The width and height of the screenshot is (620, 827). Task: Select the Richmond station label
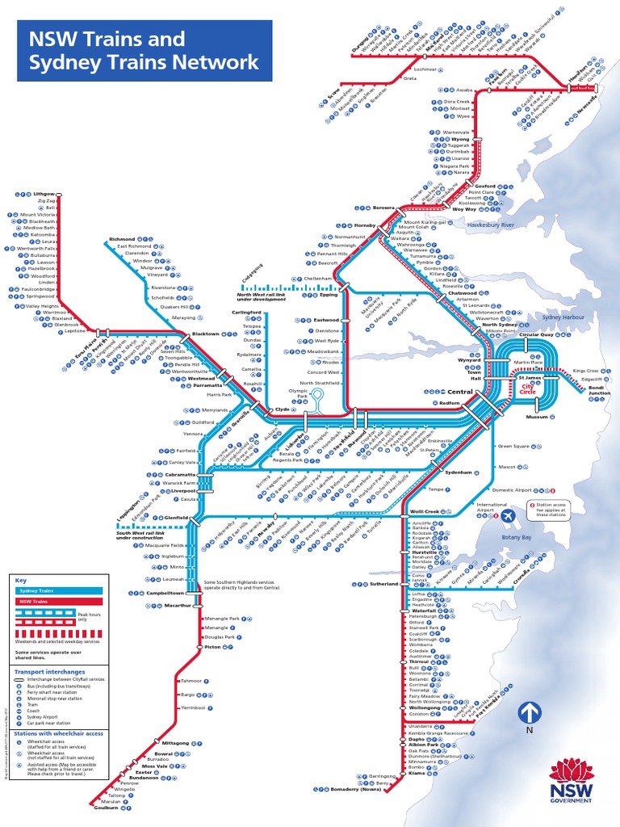(x=122, y=240)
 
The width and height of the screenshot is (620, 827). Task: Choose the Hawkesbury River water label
(x=491, y=225)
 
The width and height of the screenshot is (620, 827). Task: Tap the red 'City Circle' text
(x=529, y=390)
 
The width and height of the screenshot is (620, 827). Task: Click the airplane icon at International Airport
(x=509, y=515)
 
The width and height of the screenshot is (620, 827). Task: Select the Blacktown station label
(x=205, y=334)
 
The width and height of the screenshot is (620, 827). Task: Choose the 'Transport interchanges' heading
(x=49, y=671)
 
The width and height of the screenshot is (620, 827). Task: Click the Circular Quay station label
(x=536, y=334)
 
